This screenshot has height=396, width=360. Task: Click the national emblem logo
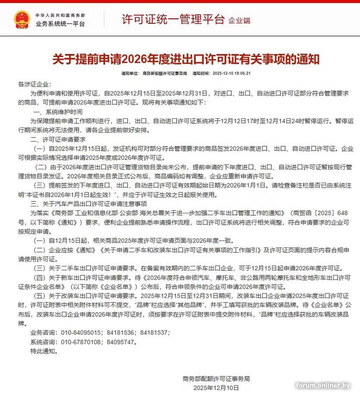[x=21, y=19]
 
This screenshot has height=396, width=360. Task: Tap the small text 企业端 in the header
[x=239, y=21]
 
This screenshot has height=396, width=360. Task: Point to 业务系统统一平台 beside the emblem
[x=60, y=24]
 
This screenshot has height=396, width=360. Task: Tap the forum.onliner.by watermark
[x=323, y=386]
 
